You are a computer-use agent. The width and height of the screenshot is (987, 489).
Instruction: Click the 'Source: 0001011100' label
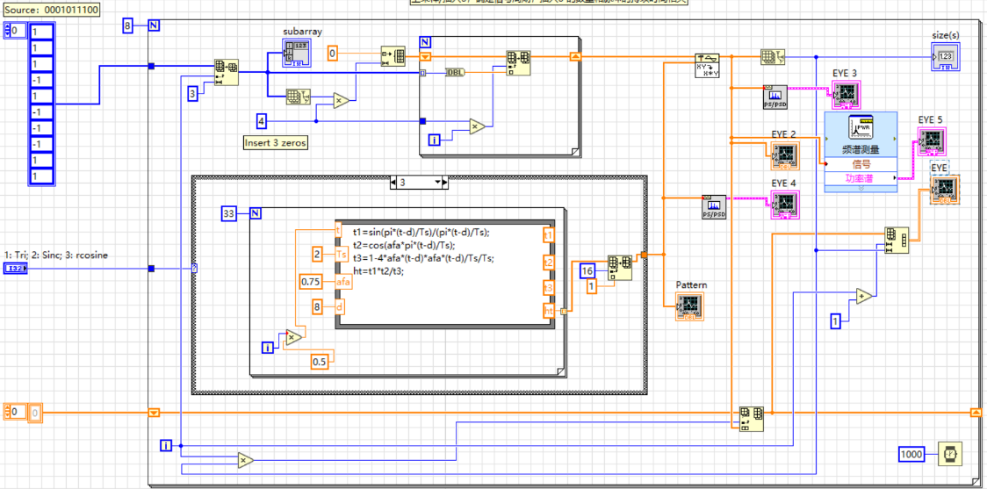tap(50, 10)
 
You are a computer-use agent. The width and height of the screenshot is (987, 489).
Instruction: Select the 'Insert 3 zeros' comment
tap(276, 142)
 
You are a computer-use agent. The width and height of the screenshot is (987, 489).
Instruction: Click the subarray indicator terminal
tap(296, 54)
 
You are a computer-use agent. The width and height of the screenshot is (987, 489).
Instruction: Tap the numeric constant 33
tap(230, 212)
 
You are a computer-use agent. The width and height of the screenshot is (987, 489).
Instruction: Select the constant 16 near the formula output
tap(587, 271)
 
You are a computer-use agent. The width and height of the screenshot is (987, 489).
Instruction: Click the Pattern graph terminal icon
tap(689, 306)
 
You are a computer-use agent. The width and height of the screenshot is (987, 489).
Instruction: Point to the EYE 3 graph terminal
tap(847, 94)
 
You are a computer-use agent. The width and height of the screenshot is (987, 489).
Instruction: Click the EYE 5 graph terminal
tap(931, 140)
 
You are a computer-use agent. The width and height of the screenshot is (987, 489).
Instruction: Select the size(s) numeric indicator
tap(946, 56)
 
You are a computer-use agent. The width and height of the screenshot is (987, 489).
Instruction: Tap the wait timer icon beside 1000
tap(950, 454)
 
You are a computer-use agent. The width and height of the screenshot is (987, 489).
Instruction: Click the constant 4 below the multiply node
tap(261, 120)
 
